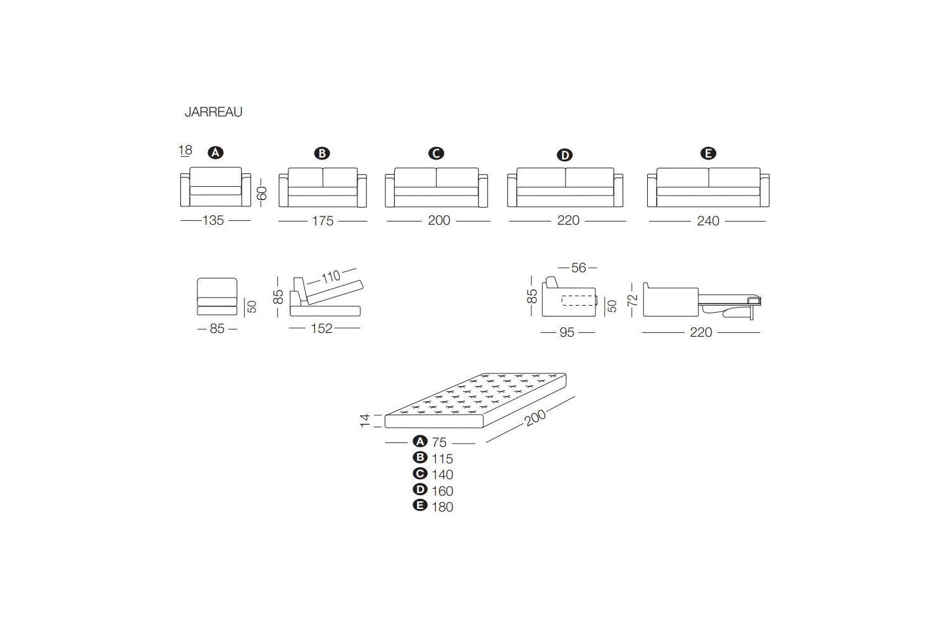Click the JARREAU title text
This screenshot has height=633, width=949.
(x=213, y=112)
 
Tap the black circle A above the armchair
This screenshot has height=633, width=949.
(x=216, y=153)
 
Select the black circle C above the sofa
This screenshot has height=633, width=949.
(x=436, y=153)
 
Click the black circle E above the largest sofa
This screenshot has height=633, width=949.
(x=708, y=153)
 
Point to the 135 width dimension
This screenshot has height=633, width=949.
(x=213, y=221)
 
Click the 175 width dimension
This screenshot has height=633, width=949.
(x=323, y=222)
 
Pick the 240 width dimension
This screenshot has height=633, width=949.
(x=708, y=221)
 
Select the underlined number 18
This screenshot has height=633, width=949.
(x=185, y=151)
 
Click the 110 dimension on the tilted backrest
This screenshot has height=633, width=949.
(x=330, y=277)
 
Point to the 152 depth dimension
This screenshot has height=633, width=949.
(x=321, y=329)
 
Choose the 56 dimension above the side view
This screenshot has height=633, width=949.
(x=578, y=268)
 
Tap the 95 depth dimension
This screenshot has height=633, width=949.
(x=567, y=332)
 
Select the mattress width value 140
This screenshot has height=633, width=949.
(x=442, y=475)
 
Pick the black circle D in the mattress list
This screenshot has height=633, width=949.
(x=419, y=489)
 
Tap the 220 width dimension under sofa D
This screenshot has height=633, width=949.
(x=568, y=221)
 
